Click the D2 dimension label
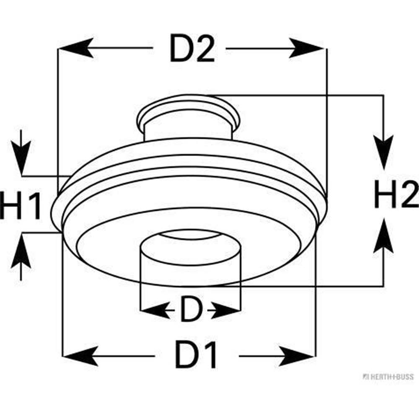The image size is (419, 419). tap(192, 49)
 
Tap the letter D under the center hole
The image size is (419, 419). tap(191, 310)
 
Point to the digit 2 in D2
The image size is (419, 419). tap(204, 49)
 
